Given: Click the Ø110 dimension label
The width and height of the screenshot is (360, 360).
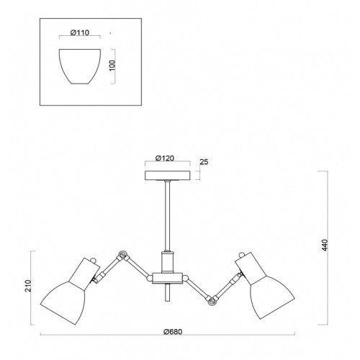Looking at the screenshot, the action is click(x=80, y=32).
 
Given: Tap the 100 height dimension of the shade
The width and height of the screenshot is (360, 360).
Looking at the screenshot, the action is click(x=112, y=66).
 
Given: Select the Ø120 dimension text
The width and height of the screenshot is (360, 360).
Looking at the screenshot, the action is click(x=165, y=158).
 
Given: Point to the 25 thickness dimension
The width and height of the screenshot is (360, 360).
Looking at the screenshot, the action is click(x=204, y=162).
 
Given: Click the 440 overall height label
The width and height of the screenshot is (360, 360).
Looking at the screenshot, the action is click(x=325, y=245).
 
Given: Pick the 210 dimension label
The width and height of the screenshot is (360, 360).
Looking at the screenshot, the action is click(x=28, y=286).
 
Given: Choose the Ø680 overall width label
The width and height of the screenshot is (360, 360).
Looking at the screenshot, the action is click(x=173, y=332).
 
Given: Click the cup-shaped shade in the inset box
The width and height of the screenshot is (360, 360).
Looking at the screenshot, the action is click(x=80, y=66).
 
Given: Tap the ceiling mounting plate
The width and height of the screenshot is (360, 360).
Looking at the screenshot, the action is click(x=168, y=175).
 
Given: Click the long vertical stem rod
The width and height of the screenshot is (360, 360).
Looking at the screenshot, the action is click(x=168, y=216).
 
